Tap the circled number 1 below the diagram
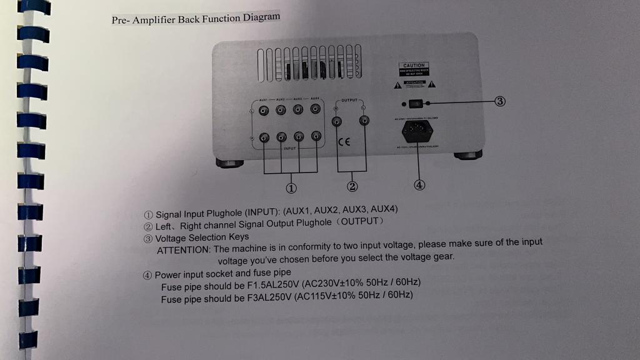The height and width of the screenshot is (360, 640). tap(291, 187)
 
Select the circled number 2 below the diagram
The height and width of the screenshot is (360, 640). tap(352, 186)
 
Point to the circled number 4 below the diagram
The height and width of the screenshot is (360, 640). tap(419, 184)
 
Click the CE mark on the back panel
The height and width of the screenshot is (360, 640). tap(344, 142)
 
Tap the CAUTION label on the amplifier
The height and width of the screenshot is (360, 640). tap(413, 66)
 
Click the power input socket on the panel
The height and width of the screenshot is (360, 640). tap(414, 131)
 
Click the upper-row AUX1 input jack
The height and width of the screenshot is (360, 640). tap(264, 111)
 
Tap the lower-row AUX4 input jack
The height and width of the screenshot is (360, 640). tap(316, 136)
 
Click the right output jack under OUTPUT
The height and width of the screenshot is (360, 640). tap(364, 121)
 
